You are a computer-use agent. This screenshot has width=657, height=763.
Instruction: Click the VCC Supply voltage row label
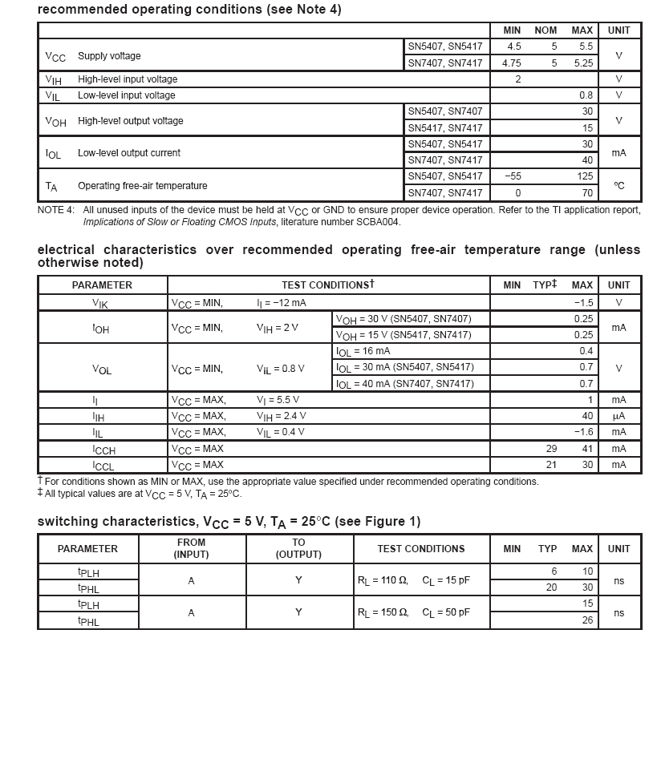pos(92,56)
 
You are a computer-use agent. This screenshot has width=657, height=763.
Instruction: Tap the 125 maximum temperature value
pos(585,176)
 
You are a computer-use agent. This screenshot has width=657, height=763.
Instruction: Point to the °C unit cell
pos(618,185)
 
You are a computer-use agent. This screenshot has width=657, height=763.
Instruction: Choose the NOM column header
pos(545,30)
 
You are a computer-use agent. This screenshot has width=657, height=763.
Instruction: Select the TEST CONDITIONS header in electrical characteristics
pos(327,285)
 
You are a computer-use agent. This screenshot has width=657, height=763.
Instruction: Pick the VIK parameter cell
pos(102,304)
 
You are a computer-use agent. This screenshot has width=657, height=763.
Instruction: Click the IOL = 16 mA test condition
pos(363,351)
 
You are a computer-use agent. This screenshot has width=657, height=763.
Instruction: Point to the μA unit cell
pos(618,416)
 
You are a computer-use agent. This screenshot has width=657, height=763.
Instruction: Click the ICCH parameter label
pos(103,450)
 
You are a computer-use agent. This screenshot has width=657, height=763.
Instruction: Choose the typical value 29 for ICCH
pos(551,449)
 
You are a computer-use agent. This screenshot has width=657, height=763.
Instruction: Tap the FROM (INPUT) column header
pos(191,549)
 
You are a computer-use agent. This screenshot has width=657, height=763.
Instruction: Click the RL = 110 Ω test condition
pos(383,580)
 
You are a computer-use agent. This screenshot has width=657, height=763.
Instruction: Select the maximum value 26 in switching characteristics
pos(587,620)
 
